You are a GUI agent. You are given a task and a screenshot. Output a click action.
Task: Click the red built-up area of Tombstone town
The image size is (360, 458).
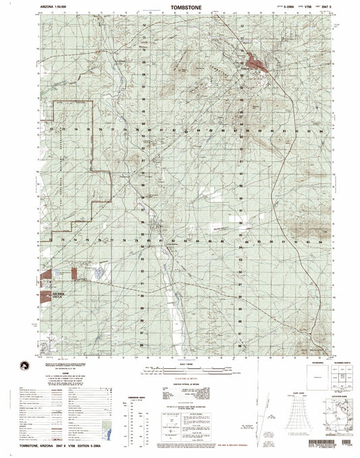(x=257, y=65)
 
